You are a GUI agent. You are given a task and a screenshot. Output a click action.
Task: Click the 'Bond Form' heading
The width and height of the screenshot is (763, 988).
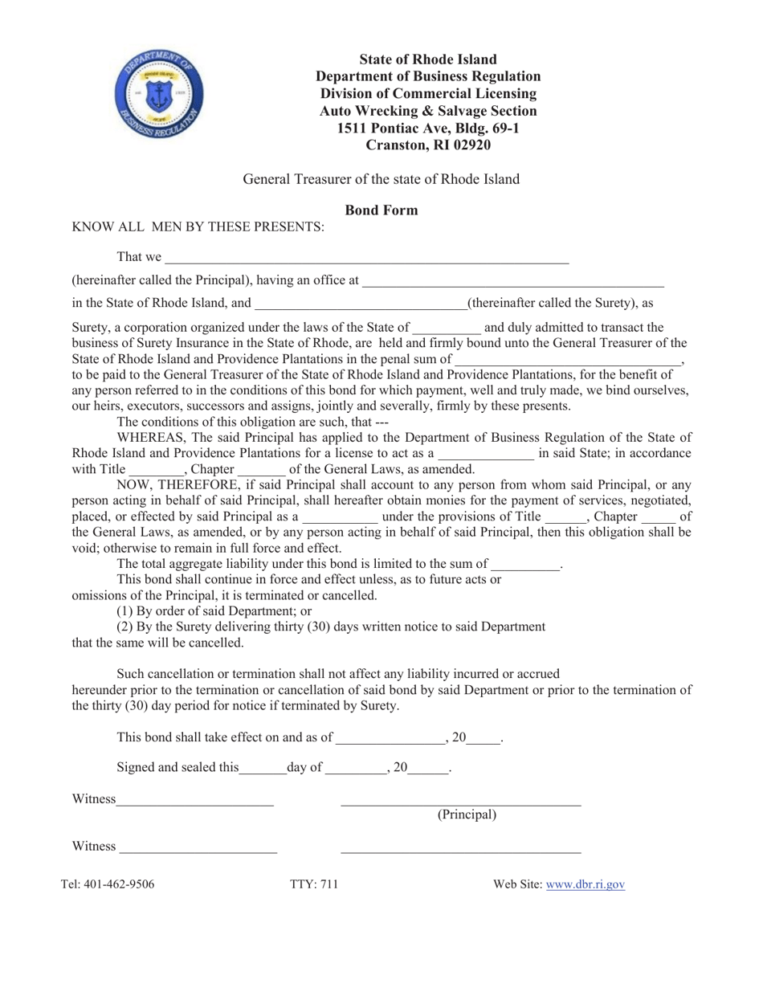coord(381,210)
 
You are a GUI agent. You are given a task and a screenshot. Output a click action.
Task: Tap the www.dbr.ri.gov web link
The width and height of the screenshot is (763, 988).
coord(585,884)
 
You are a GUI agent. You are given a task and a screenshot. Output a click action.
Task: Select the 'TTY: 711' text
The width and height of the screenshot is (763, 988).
coord(314,884)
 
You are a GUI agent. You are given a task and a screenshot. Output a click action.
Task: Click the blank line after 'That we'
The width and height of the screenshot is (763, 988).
coord(366,259)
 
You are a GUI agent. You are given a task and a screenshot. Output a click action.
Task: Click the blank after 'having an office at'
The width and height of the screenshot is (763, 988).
coord(513,281)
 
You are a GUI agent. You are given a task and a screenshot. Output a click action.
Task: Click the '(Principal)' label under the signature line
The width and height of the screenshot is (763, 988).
coord(467,814)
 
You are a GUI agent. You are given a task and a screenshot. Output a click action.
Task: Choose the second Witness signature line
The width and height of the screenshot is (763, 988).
coord(198,847)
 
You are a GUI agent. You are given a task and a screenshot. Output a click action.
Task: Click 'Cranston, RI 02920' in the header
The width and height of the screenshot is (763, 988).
coord(428,145)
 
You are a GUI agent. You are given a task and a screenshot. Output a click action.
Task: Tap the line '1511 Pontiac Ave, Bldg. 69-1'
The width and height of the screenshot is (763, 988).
coord(428,128)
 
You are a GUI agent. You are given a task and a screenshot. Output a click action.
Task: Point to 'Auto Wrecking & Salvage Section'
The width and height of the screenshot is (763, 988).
coord(428,111)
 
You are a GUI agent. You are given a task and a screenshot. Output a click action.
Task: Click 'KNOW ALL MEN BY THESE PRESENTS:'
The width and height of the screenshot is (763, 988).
coord(198,227)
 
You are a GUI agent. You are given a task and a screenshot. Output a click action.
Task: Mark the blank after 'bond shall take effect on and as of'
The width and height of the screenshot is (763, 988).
coord(390,738)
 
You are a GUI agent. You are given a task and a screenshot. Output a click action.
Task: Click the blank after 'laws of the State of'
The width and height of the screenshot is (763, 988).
coord(446,329)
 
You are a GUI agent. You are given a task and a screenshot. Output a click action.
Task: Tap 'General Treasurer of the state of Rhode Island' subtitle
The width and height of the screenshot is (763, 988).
coord(381,179)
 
